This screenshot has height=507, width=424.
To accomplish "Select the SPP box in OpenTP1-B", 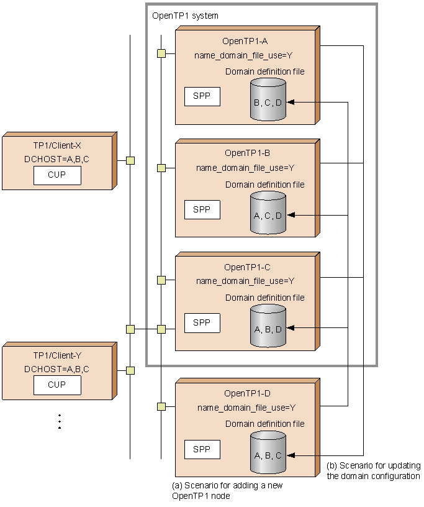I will point(202,210).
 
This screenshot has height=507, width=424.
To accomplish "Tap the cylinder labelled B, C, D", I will point(268,101).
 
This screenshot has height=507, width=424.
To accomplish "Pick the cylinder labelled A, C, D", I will point(268,214).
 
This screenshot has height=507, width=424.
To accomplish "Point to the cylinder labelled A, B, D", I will point(268,327).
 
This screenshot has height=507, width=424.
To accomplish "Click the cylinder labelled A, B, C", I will point(268,454).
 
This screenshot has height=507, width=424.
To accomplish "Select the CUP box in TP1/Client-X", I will point(57,175).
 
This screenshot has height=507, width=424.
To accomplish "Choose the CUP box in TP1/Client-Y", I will point(57,385).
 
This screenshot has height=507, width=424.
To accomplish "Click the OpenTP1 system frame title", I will point(185,15).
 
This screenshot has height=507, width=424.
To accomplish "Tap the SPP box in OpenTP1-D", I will point(202,449).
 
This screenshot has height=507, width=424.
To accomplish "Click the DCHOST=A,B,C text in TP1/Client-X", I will point(57,159).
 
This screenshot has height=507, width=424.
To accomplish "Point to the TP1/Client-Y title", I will point(57,356).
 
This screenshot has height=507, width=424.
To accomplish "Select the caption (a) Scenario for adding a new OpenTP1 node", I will point(227,490).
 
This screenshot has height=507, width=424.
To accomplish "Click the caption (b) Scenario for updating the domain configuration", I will point(373,471).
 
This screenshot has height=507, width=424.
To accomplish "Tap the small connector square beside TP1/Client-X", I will point(130,160).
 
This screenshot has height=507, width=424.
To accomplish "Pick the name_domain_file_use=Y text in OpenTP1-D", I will point(246,408).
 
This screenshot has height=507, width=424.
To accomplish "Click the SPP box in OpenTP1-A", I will point(202,97).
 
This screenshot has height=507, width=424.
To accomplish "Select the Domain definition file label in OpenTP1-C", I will point(265,298).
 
